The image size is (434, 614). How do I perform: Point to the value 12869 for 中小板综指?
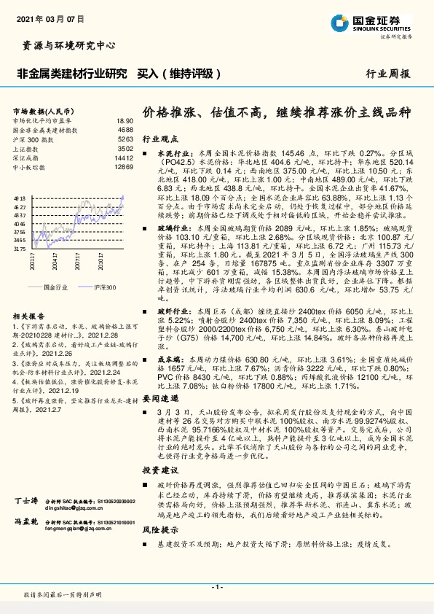click(124, 167)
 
